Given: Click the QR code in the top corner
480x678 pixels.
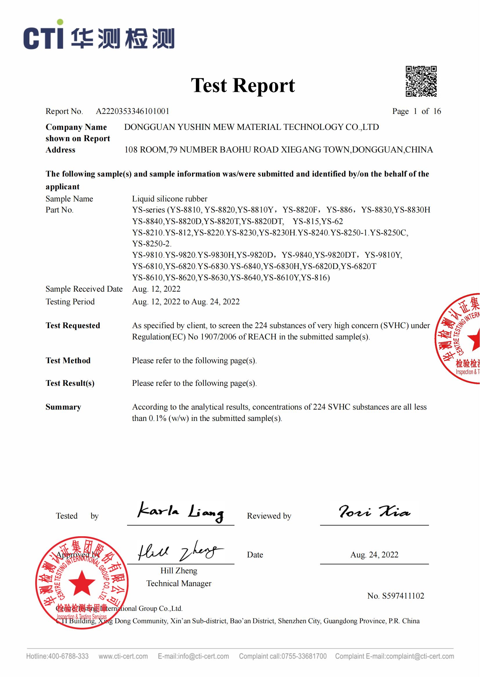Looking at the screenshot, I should [421, 81].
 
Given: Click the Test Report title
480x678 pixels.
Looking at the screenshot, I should [243, 85].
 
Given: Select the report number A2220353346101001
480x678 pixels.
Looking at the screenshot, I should [132, 111].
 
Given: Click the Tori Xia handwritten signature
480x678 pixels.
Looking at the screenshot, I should [374, 511].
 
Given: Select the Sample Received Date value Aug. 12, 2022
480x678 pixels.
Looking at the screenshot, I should [156, 289].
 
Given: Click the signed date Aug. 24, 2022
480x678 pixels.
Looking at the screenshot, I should [374, 555].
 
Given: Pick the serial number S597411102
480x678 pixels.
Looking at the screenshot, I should [403, 596].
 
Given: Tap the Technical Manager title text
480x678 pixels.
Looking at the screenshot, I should [179, 583].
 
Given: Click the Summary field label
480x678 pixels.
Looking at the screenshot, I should [63, 407].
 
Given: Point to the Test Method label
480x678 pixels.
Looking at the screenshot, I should [68, 361].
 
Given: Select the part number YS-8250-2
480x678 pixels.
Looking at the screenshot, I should [151, 244].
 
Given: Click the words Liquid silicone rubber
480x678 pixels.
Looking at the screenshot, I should [170, 199].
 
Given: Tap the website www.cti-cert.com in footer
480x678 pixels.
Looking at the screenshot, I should [123, 656].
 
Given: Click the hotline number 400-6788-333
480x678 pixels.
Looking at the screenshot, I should [68, 656].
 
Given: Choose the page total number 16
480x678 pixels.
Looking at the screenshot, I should [437, 111].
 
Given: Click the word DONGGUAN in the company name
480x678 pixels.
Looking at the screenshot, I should [149, 127].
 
